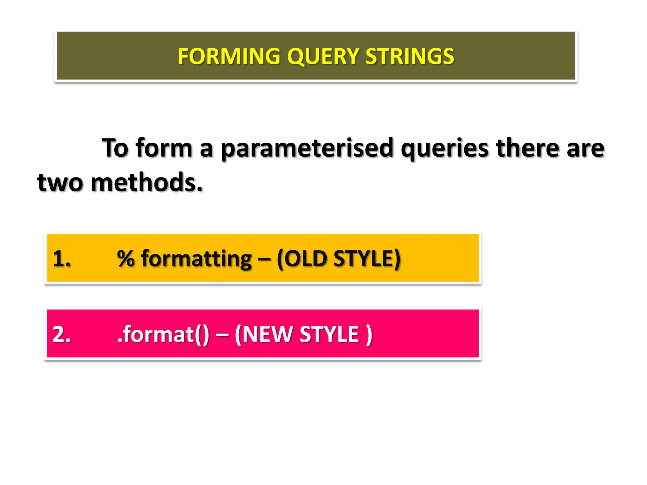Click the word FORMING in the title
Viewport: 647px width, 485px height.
pyautogui.click(x=229, y=57)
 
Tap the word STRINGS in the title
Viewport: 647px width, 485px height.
pyautogui.click(x=410, y=57)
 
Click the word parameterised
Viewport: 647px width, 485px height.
pyautogui.click(x=307, y=148)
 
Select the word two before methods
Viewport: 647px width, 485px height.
pyautogui.click(x=60, y=183)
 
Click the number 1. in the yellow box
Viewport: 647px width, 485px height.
pyautogui.click(x=62, y=259)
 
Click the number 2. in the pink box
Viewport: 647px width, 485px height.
pyautogui.click(x=62, y=334)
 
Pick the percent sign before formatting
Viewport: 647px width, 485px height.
pyautogui.click(x=126, y=259)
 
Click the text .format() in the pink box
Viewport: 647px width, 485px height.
pyautogui.click(x=163, y=334)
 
